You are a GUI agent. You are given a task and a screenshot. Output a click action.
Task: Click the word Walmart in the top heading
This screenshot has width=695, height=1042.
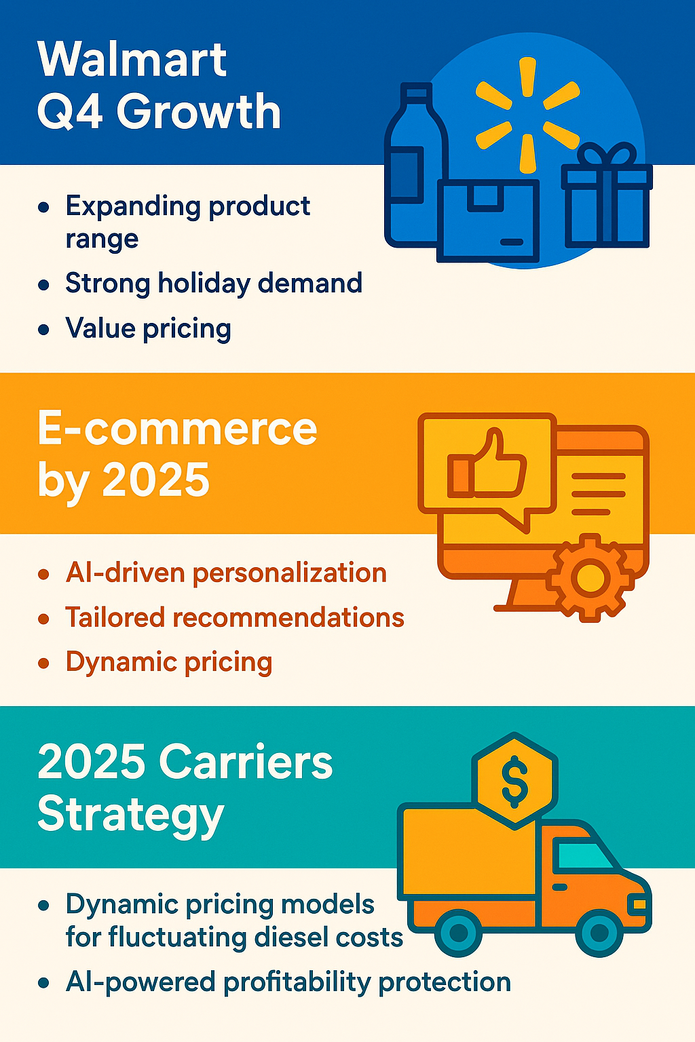132,60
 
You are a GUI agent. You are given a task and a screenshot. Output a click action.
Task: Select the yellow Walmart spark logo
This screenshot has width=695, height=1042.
527,115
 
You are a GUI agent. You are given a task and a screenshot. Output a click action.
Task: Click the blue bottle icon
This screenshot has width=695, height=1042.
412,165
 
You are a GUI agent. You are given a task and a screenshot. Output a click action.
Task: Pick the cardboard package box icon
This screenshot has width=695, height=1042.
488,221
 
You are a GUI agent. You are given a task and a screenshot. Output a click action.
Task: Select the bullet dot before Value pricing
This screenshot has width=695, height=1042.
43,330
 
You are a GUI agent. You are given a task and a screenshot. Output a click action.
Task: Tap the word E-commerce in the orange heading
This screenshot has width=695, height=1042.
177,429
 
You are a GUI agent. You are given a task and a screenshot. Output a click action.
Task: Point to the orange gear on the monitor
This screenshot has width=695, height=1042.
590,578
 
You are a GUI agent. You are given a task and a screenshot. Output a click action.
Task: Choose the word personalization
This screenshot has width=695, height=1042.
290,573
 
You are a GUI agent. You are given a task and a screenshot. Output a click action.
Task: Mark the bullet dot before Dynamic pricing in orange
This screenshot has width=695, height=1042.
43,663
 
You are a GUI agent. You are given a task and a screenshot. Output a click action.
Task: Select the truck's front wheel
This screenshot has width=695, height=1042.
599,932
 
